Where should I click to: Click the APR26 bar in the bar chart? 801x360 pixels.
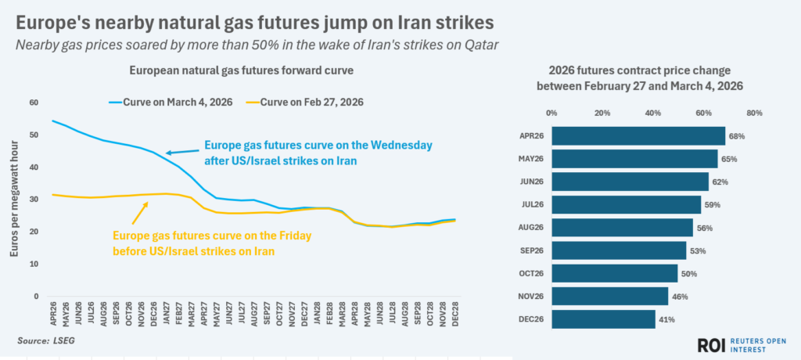click(638, 136)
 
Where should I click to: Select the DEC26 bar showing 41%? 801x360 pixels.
click(603, 319)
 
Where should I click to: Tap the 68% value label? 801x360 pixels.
click(735, 136)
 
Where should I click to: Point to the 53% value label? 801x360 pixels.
click(698, 250)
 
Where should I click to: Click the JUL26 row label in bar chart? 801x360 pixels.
click(532, 205)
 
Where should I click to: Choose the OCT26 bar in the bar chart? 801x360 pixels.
click(614, 273)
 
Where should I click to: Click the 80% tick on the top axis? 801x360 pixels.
click(754, 113)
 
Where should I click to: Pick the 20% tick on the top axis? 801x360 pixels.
click(602, 113)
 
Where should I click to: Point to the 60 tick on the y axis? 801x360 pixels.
click(34, 103)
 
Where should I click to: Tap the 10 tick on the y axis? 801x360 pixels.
click(34, 265)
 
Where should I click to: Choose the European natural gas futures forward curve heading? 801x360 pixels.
click(241, 70)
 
